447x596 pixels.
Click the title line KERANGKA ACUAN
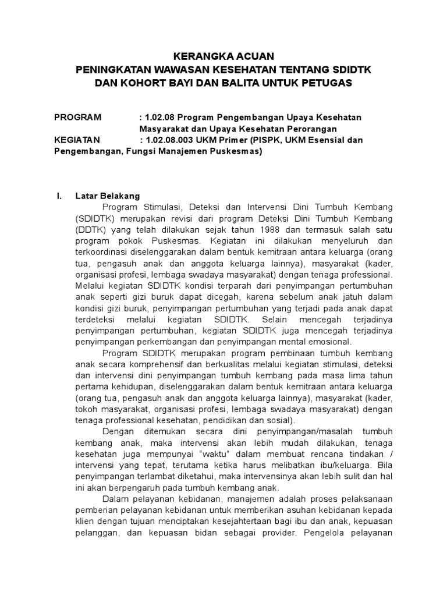click(x=223, y=56)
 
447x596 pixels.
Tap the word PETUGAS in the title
click(x=327, y=83)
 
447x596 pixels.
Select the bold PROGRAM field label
click(x=77, y=117)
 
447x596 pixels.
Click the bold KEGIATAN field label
click(x=77, y=140)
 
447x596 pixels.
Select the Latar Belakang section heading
click(x=107, y=196)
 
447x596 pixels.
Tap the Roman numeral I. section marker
click(x=58, y=196)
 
